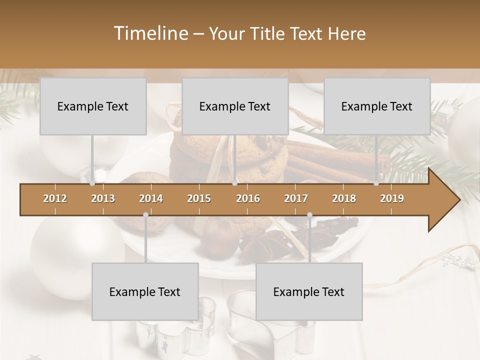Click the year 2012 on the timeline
click(55, 198)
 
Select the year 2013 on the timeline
click(103, 198)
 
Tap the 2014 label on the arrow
click(151, 198)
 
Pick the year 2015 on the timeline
click(199, 198)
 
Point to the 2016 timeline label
click(248, 198)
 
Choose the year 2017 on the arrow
click(296, 198)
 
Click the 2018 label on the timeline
click(344, 198)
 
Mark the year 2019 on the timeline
click(392, 198)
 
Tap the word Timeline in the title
click(149, 33)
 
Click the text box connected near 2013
click(93, 106)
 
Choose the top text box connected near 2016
click(235, 106)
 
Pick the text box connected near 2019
click(377, 106)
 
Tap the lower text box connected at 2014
click(145, 291)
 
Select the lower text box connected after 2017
click(309, 291)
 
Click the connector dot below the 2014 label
click(145, 214)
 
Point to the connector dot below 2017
click(309, 214)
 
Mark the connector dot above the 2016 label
click(234, 183)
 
